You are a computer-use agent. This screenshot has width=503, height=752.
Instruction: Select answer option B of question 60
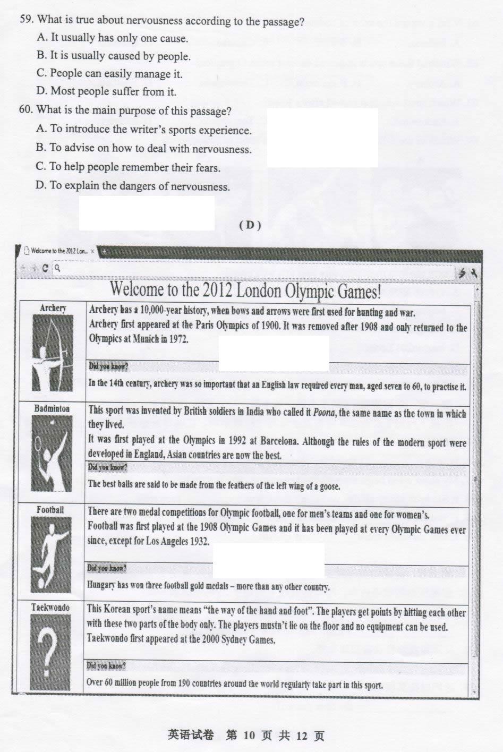(x=144, y=148)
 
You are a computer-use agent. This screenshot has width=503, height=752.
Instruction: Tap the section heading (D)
(x=250, y=225)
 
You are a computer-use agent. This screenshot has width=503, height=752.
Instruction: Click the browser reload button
(x=45, y=268)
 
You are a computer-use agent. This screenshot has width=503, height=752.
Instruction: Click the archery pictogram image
(x=53, y=353)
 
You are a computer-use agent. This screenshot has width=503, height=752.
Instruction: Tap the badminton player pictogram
(x=52, y=454)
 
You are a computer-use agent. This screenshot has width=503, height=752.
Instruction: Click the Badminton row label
(x=52, y=408)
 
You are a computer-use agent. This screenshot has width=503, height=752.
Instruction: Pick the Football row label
(x=50, y=510)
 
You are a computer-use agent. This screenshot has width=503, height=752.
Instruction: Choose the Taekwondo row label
(x=50, y=608)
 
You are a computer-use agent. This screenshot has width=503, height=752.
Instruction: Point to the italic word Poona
(x=324, y=413)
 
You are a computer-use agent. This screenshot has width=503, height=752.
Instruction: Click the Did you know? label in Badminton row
(x=107, y=467)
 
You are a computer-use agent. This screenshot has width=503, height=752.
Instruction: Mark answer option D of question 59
(x=106, y=91)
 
